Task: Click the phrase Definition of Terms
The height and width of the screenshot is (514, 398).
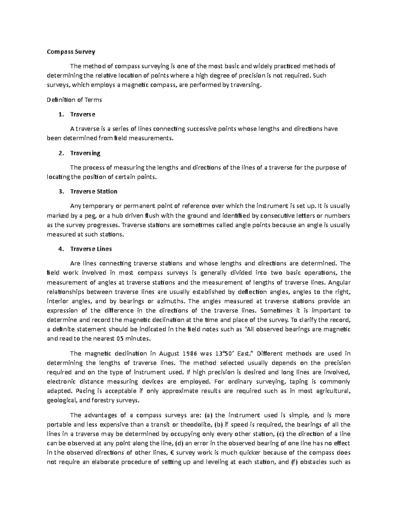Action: coord(74,100)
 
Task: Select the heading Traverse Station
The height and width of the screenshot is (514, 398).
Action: coord(94,191)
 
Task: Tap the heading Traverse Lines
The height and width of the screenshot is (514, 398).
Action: coord(91,249)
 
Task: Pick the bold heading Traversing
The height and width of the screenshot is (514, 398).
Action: coord(85,153)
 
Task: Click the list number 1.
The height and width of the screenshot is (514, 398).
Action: coord(60,114)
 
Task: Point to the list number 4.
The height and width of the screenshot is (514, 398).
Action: coord(60,249)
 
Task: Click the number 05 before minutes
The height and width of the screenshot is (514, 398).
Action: coord(120,339)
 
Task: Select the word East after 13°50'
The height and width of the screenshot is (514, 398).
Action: coord(246,353)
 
